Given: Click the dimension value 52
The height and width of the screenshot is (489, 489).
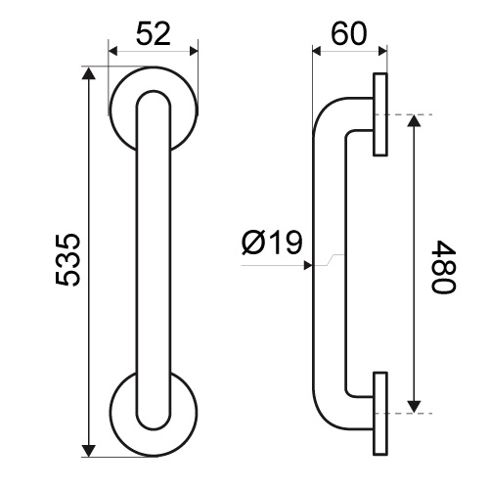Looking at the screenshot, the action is [x=154, y=34].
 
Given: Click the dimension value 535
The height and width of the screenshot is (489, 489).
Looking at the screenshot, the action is [x=67, y=260].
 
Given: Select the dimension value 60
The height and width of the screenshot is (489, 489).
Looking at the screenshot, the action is [x=349, y=34].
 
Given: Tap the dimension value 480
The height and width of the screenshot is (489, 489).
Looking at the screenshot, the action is [x=443, y=267].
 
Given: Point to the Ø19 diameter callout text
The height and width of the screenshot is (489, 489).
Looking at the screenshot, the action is [x=272, y=243].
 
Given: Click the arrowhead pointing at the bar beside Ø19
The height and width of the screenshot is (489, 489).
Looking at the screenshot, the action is [x=308, y=265].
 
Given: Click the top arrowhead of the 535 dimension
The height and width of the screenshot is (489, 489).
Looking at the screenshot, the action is [x=88, y=73].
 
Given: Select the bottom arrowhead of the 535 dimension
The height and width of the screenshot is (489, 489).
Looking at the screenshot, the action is [x=88, y=450].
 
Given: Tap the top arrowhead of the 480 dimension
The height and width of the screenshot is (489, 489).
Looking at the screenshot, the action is [x=414, y=121].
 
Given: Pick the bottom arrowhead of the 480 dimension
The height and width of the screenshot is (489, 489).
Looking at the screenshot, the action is [x=414, y=407].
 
